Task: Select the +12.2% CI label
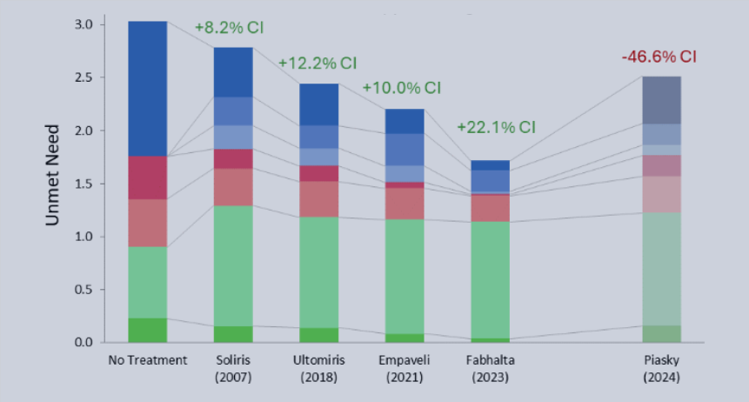[x=318, y=63]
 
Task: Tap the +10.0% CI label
[x=401, y=89]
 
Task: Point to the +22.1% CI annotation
[x=496, y=127]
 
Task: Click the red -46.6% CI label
[x=659, y=57]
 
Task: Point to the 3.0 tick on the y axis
[x=84, y=24]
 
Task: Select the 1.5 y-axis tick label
[x=84, y=184]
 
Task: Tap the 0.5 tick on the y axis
[x=84, y=290]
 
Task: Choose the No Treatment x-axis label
[x=148, y=359]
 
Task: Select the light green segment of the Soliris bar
[x=233, y=265]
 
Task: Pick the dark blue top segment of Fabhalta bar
[x=490, y=165]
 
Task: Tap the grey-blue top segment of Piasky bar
[x=661, y=100]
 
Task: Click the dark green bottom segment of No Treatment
[x=148, y=330]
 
